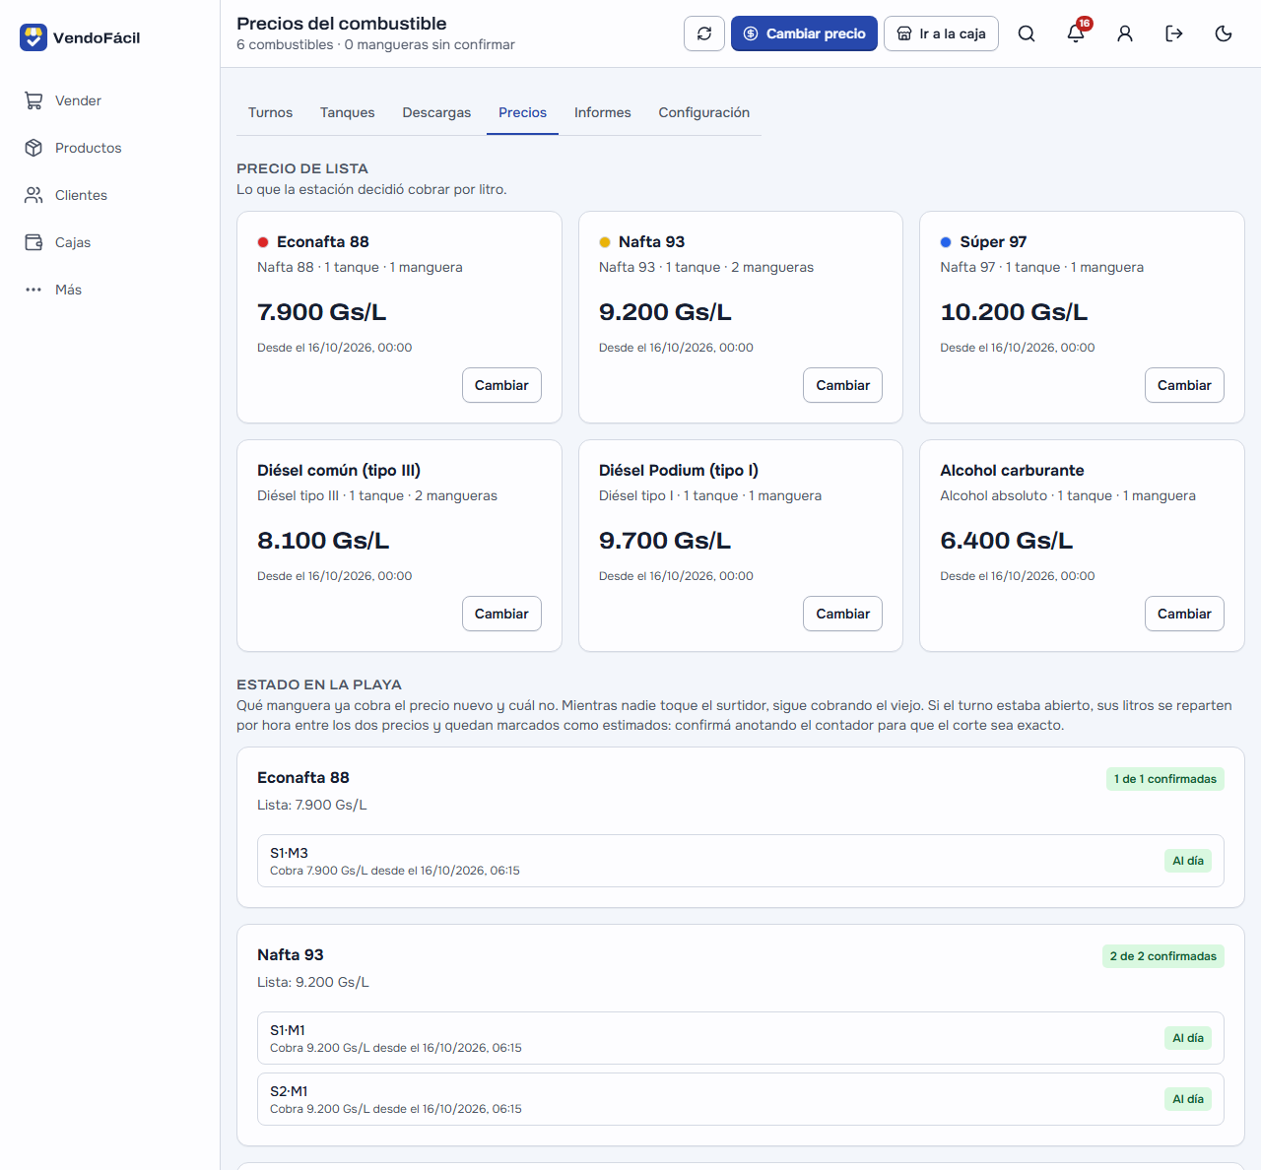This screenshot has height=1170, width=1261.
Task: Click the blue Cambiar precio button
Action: [x=804, y=33]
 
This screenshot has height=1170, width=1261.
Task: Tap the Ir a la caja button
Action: [x=941, y=33]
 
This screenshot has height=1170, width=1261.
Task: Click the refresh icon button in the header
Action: [x=704, y=33]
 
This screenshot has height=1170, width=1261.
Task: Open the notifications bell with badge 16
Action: [x=1076, y=32]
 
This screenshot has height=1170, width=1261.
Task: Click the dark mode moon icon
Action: [x=1224, y=33]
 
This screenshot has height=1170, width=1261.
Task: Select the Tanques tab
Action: [x=348, y=112]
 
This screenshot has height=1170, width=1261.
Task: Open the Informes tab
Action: [x=603, y=112]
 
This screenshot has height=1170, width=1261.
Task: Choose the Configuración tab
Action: [x=703, y=112]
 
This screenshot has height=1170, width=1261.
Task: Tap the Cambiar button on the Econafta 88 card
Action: [x=501, y=385]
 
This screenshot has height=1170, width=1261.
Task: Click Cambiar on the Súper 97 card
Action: [x=1184, y=385]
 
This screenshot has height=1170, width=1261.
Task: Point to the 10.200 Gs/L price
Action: [x=1014, y=311]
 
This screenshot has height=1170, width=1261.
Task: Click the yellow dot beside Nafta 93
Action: [x=605, y=242]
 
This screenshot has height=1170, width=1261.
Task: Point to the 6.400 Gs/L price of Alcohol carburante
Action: [x=1006, y=541]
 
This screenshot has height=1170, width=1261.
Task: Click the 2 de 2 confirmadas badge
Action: [x=1162, y=956]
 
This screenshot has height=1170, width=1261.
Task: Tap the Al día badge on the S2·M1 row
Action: [x=1187, y=1099]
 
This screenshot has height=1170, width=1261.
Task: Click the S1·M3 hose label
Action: [x=289, y=853]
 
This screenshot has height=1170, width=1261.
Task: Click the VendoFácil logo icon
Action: [x=33, y=37]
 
